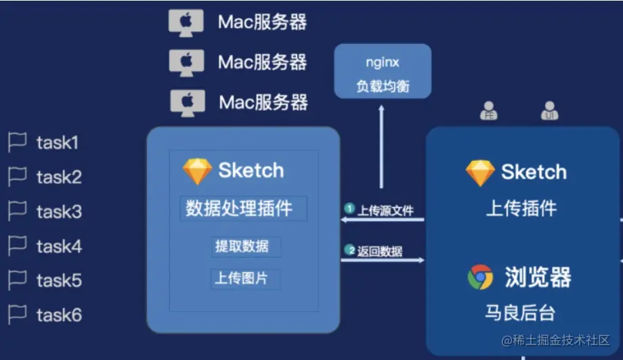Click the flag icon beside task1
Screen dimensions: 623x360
17,142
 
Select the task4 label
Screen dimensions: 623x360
59,246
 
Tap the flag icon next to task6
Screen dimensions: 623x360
17,315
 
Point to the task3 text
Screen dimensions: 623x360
59,212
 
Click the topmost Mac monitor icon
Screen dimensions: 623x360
186,22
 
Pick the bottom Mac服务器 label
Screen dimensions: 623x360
263,102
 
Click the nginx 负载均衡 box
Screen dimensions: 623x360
383,72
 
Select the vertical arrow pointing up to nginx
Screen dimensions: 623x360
381,146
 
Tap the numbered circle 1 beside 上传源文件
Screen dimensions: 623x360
349,208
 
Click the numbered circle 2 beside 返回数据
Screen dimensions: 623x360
350,250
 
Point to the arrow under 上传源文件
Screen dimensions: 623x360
383,219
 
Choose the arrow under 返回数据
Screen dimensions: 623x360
383,260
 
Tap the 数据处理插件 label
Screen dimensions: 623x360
239,208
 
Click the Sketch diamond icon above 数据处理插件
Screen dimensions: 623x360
197,171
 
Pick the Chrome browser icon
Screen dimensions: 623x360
480,277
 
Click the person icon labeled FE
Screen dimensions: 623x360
489,111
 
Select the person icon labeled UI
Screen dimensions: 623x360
549,111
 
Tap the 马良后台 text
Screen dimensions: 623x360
520,313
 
